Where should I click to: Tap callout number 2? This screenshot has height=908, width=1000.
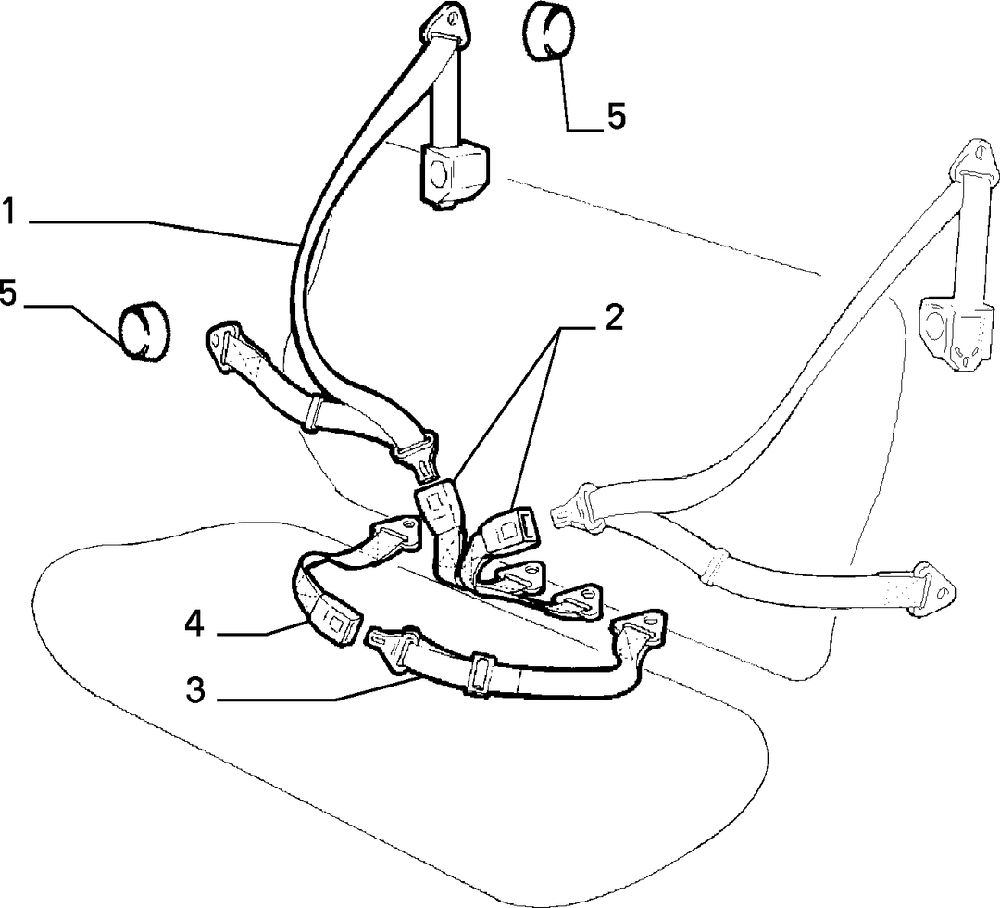click(613, 317)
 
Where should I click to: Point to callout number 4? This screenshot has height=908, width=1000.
click(194, 624)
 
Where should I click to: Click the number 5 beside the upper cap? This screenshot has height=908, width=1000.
click(616, 116)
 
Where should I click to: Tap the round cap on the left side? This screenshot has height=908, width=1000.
click(146, 328)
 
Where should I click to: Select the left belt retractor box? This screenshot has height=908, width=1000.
click(454, 175)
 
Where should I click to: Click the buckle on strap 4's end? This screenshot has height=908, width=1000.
click(336, 621)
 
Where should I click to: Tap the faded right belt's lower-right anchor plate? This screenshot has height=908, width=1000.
click(933, 587)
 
